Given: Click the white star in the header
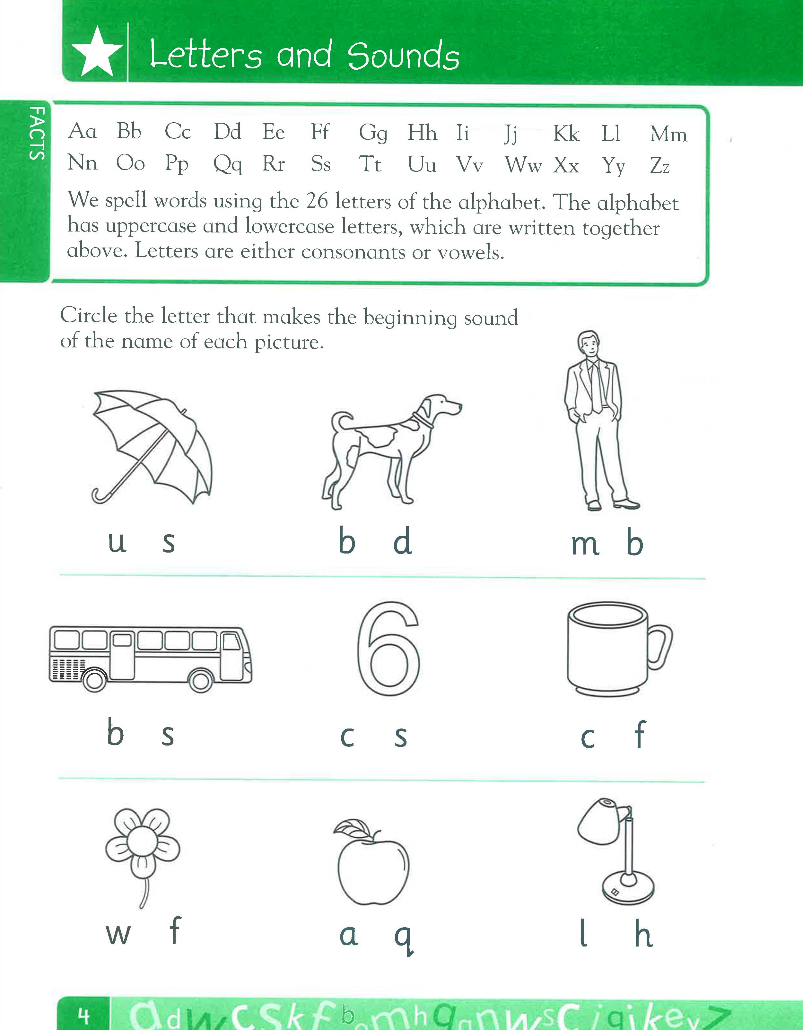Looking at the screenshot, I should click(x=97, y=53).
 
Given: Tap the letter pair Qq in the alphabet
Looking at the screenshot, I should click(x=228, y=164).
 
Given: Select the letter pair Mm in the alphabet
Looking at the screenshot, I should click(x=668, y=135).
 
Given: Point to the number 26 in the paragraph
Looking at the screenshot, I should click(x=317, y=201).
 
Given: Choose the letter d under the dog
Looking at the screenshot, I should click(x=402, y=541).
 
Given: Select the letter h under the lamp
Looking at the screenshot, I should click(x=643, y=934).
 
